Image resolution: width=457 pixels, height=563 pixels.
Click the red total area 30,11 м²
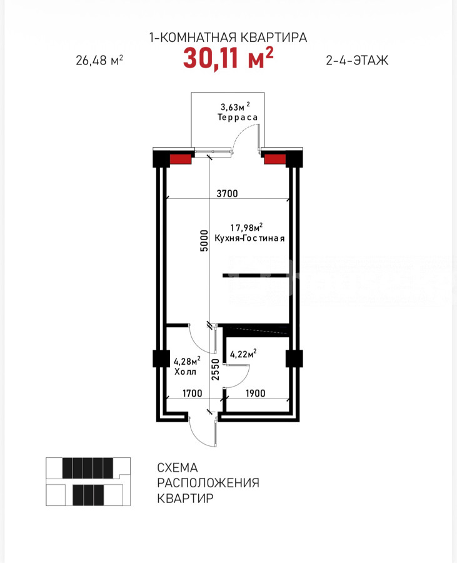click(228, 58)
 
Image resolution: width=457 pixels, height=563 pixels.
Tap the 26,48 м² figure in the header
click(99, 60)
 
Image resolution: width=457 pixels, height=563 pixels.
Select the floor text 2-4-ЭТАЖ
click(357, 60)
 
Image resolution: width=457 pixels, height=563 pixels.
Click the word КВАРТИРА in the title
click(273, 38)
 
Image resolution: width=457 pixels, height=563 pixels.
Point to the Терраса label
click(238, 117)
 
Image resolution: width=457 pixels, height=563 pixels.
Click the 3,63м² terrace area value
click(235, 106)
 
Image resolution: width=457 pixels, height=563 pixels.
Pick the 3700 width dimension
click(227, 193)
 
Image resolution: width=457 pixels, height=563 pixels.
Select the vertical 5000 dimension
click(204, 241)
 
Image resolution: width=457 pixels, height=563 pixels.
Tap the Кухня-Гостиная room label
click(249, 238)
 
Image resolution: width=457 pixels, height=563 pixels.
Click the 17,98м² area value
click(246, 227)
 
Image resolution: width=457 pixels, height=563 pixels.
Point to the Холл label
click(185, 372)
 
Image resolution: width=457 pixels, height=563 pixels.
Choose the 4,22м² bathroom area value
click(243, 353)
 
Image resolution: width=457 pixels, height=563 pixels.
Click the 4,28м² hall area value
click(187, 361)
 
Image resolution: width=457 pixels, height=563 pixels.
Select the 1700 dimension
click(193, 393)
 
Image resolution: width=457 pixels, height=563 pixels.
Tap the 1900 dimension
click(256, 393)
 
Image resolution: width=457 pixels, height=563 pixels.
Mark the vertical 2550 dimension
click(215, 370)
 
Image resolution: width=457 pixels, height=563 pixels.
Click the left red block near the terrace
click(180, 159)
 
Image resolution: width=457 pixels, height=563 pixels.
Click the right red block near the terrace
click(275, 159)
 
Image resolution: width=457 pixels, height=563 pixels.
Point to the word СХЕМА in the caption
click(178, 467)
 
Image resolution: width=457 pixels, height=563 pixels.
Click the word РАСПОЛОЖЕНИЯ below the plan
click(208, 483)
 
